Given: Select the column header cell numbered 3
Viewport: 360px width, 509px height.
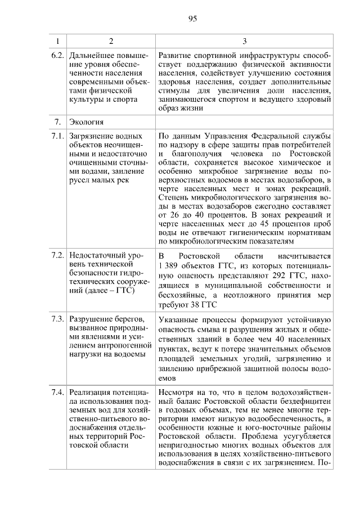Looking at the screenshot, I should (x=244, y=41).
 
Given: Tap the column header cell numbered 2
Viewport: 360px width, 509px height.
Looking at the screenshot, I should (x=111, y=41).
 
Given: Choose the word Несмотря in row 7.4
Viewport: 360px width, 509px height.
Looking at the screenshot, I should (x=177, y=391).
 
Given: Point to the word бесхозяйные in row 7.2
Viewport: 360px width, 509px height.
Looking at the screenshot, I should (x=181, y=294).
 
